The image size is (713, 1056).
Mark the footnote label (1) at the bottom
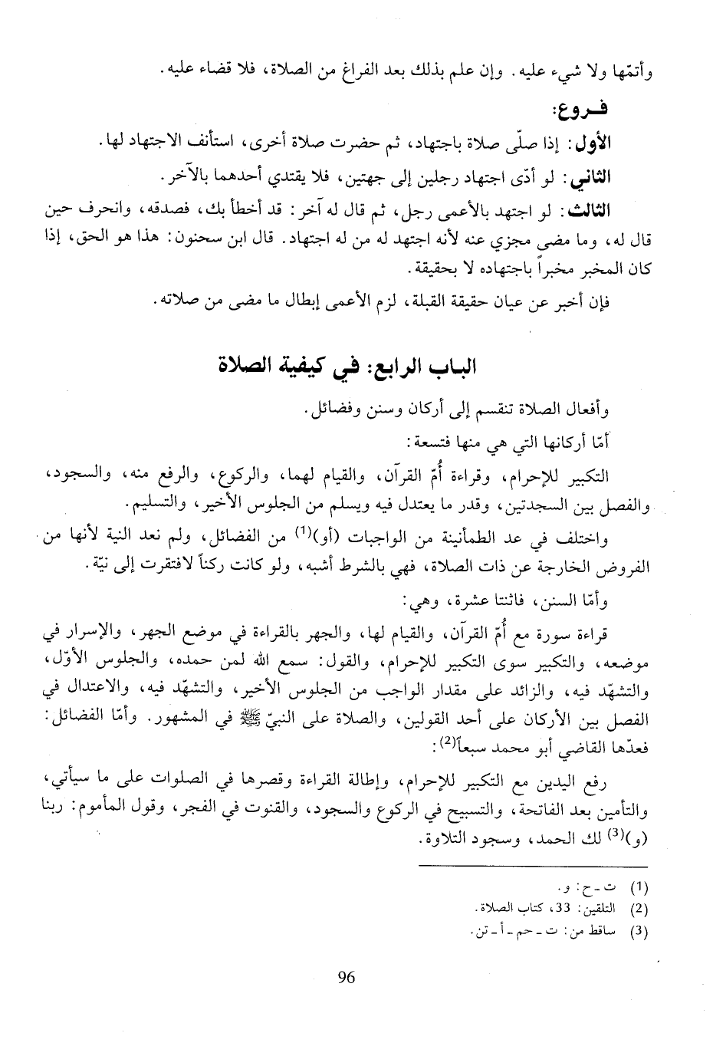coord(638,888)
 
